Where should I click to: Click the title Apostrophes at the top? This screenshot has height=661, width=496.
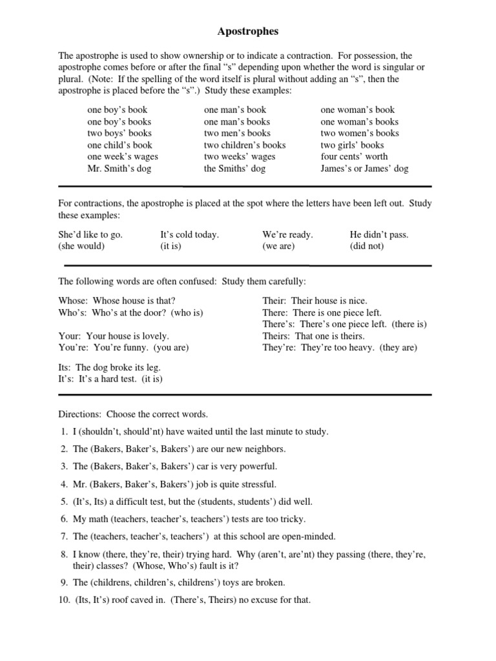click(x=247, y=31)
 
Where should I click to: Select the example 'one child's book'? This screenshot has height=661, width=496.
click(x=119, y=145)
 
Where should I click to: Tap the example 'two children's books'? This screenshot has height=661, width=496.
click(x=244, y=145)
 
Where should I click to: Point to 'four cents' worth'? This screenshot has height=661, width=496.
click(x=354, y=157)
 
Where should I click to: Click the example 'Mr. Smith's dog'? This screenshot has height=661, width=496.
click(x=120, y=168)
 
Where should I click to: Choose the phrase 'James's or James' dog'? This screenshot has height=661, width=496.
click(x=364, y=168)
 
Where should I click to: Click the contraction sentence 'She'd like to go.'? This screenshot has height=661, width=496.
click(x=90, y=234)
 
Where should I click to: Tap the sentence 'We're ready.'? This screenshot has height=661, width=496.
click(x=287, y=234)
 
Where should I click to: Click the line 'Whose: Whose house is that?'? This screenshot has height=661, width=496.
click(x=117, y=301)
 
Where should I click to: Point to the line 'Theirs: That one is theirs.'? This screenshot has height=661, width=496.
click(x=313, y=336)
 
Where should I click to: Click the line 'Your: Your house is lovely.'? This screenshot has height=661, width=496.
click(x=114, y=336)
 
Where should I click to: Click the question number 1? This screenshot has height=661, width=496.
click(x=65, y=431)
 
